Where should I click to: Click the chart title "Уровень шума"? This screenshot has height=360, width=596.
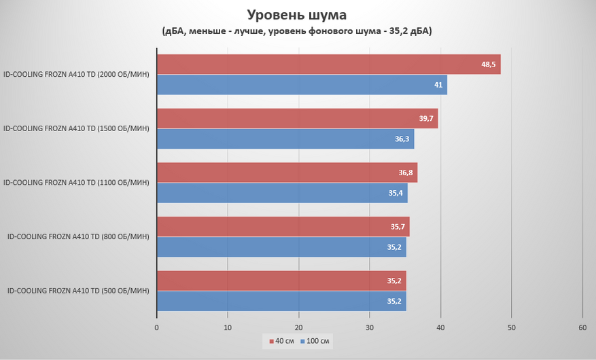pos(298,14)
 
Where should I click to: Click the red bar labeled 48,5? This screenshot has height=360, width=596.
pos(328,65)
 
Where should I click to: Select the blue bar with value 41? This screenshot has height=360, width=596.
pos(302,85)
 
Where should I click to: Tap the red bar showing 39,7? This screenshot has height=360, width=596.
pos(297,119)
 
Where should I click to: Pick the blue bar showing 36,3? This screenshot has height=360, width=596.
pos(285,139)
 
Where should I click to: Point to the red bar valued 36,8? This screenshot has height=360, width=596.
pos(287,173)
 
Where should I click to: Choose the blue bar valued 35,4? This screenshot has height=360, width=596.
pos(282,193)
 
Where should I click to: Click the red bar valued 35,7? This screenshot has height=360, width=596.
pos(283,227)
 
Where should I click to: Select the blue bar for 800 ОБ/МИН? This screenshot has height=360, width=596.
pos(281,247)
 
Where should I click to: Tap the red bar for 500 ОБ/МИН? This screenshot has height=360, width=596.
pos(281,281)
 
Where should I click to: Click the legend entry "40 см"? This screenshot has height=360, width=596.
pos(281,340)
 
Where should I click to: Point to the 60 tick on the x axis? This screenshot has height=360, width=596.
pos(582,327)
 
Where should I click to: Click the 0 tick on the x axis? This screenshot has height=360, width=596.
pos(157,327)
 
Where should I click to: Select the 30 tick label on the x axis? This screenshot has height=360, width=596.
pos(370,327)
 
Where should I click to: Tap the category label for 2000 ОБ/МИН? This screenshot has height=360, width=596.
pos(76,74)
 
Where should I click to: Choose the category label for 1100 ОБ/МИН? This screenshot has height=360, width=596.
pos(76,182)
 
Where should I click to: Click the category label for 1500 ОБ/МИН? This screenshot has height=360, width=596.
pos(76,128)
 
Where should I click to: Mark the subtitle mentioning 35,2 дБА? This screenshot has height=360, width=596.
pos(298,31)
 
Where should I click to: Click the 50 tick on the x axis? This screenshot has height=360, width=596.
pos(512,327)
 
